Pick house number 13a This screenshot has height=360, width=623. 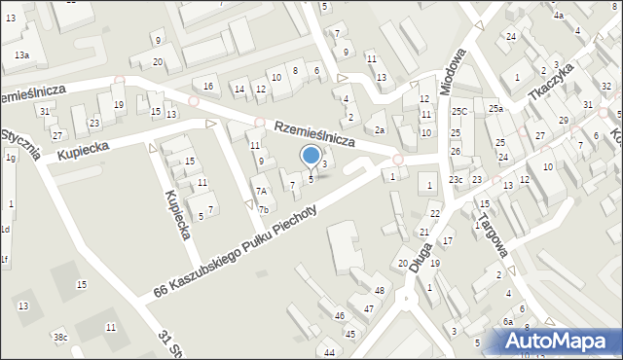tap(21, 55)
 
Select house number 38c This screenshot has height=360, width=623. tap(60, 338)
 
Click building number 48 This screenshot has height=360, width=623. tap(380, 291)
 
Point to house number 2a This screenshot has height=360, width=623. tap(380, 130)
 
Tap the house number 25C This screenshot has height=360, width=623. tap(459, 112)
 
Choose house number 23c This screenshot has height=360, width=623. tap(457, 180)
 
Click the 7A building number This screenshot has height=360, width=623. tap(261, 192)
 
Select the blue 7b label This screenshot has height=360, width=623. tap(264, 209)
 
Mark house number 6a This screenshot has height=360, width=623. tap(507, 321)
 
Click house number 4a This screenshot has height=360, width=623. tap(558, 16)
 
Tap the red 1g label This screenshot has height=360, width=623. tap(10, 157)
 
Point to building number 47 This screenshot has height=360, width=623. tap(369, 308)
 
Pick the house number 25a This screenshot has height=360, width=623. tap(495, 108)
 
